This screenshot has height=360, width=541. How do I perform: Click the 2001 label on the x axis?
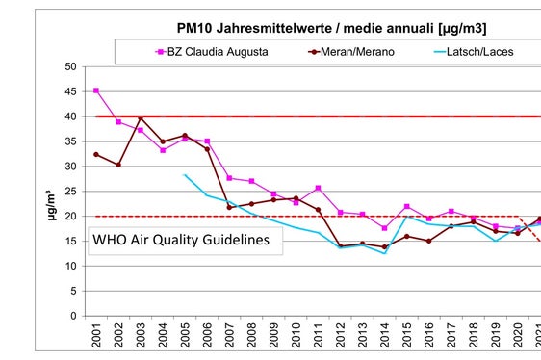[96, 338]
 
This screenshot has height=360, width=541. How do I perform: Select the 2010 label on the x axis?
[296, 338]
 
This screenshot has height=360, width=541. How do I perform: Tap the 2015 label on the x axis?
[406, 338]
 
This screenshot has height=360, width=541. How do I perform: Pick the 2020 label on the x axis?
[517, 338]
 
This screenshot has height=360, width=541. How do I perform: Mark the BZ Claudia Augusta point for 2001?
[96, 90]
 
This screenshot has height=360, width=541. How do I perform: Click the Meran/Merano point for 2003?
[141, 118]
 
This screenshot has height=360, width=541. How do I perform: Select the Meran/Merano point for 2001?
[96, 154]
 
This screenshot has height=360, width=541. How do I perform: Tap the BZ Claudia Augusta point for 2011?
[318, 188]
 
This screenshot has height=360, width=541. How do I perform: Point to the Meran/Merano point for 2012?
[340, 245]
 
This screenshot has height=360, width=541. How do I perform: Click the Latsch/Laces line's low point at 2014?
[384, 253]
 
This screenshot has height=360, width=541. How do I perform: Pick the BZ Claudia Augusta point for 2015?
[406, 206]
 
